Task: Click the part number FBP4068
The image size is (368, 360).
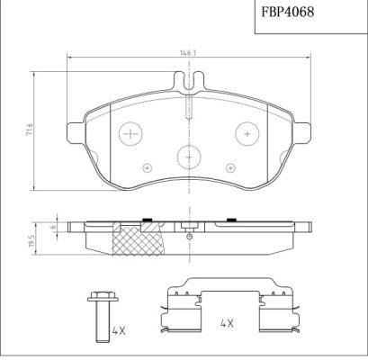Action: [287, 15]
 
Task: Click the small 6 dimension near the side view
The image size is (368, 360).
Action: [56, 229]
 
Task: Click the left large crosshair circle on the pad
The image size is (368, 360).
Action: [132, 134]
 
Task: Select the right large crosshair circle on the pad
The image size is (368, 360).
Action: [247, 134]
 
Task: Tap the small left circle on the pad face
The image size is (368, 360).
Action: [147, 166]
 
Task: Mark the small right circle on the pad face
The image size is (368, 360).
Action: [232, 166]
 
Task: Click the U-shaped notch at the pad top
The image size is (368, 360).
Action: [189, 86]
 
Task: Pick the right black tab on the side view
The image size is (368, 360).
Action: [231, 218]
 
